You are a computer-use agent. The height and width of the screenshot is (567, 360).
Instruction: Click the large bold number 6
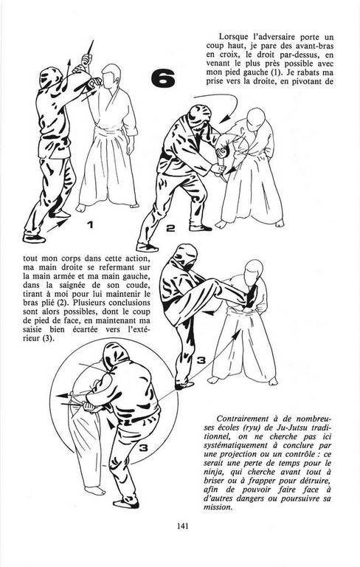(x=162, y=78)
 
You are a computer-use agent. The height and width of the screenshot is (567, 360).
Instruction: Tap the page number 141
(x=182, y=526)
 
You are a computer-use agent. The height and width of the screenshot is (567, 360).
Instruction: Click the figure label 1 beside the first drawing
(x=90, y=224)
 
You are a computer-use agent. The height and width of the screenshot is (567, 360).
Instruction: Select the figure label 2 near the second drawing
(x=170, y=228)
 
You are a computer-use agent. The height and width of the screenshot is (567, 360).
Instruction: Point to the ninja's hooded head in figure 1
(x=50, y=78)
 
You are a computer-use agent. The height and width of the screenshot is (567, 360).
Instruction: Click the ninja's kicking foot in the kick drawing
(x=252, y=295)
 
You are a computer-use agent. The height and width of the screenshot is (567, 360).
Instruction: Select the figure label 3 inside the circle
(x=144, y=448)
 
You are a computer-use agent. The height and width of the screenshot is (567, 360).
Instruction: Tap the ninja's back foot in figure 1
(x=34, y=238)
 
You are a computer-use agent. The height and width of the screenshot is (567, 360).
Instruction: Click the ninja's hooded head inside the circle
(x=115, y=356)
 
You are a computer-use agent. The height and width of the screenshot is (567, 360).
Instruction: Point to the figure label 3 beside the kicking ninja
(x=201, y=360)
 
